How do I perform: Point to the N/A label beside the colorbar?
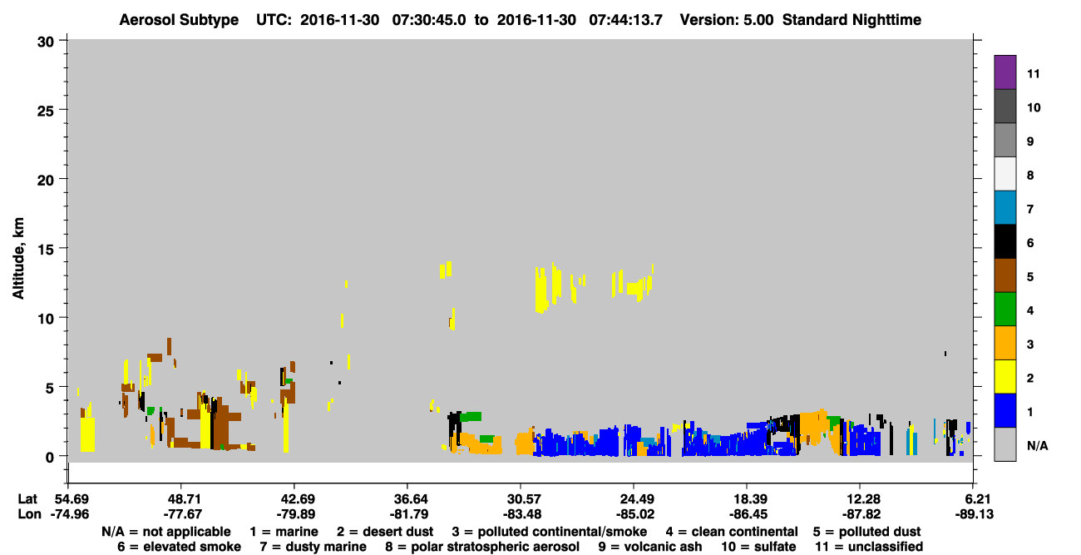tap(1037, 445)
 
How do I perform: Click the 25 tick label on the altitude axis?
tap(46, 111)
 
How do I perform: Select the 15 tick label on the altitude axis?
tap(46, 250)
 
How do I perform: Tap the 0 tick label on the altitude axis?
tap(50, 457)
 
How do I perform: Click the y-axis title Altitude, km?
tap(18, 259)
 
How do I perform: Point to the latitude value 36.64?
tap(408, 499)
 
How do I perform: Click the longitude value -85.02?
tap(634, 514)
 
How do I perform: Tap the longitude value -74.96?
tap(70, 514)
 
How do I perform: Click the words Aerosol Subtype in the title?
tap(179, 20)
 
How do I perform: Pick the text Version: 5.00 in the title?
tap(727, 20)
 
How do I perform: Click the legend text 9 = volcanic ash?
tap(650, 547)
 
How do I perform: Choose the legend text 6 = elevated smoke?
tap(179, 547)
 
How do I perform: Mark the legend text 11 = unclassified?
tap(869, 547)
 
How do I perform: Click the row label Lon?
tap(29, 514)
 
